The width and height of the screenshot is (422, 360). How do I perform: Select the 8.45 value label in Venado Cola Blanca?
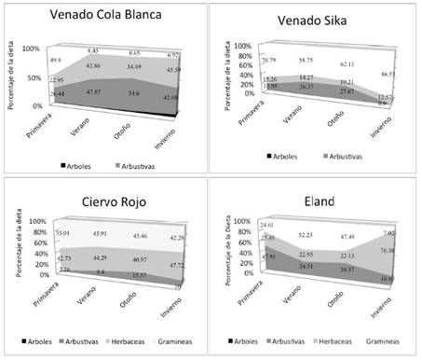[x=93, y=50]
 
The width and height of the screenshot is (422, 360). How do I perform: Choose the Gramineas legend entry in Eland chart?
[x=388, y=341]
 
